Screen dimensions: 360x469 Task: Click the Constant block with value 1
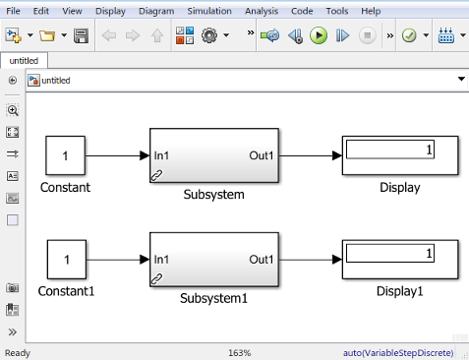(x=65, y=155)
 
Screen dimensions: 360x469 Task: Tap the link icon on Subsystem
(x=157, y=174)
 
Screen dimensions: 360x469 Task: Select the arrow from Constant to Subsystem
(x=116, y=155)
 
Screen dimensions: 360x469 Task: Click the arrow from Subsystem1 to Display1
(x=310, y=260)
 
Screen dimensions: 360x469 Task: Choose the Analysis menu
(x=261, y=11)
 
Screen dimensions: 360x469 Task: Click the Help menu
(x=371, y=11)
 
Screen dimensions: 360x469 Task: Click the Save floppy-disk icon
(x=82, y=35)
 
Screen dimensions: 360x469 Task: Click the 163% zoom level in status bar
(x=239, y=352)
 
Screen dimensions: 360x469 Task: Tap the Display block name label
(x=399, y=188)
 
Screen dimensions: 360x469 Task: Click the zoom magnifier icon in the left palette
(x=13, y=110)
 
